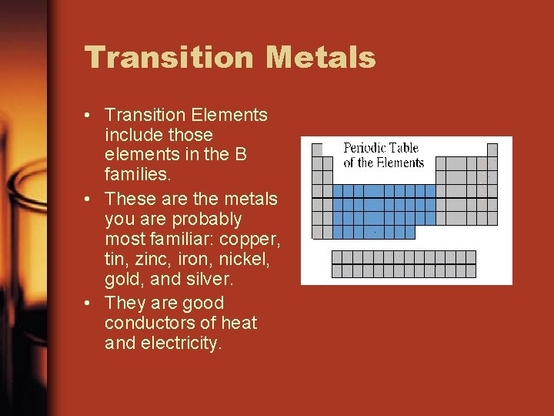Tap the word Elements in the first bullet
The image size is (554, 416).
tap(229, 116)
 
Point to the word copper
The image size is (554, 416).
tap(248, 240)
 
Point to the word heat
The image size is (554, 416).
tap(238, 324)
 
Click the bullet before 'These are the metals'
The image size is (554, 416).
tap(90, 200)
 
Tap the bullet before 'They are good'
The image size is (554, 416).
tap(90, 304)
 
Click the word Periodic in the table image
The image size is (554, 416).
tap(364, 148)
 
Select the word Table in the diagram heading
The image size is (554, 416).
tap(403, 148)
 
